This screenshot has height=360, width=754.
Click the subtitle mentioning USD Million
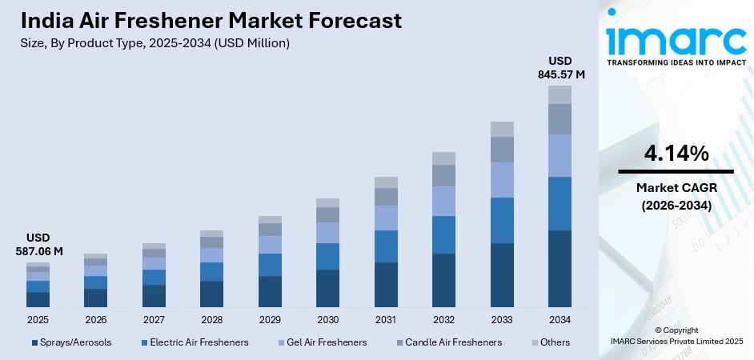(x=154, y=43)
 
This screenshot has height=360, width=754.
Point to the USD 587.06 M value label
(x=38, y=245)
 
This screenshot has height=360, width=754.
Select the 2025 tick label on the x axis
(x=38, y=319)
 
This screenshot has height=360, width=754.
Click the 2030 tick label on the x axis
(x=327, y=319)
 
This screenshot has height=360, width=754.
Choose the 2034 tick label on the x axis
(x=559, y=319)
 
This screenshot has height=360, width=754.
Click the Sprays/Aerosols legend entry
(x=71, y=342)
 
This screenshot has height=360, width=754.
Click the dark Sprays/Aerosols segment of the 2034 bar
(x=559, y=268)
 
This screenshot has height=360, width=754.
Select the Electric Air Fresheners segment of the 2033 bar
(x=502, y=220)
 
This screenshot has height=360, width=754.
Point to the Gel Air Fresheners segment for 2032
(x=443, y=201)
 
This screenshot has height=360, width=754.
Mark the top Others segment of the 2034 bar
(x=559, y=94)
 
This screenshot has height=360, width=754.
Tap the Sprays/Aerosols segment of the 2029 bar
(x=270, y=291)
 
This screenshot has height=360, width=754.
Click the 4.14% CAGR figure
(x=676, y=154)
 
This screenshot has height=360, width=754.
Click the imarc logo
(x=676, y=38)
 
